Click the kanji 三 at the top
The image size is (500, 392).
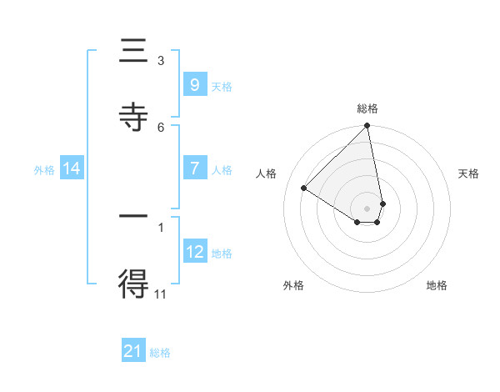133,53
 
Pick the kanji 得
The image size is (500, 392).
133,284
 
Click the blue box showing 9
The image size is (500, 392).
194,84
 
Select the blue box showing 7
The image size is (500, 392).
194,168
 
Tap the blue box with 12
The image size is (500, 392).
194,252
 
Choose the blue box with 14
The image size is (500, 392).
72,168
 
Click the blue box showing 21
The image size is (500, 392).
133,351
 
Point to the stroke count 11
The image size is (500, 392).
161,293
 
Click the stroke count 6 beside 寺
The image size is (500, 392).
161,127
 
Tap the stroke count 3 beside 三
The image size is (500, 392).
161,60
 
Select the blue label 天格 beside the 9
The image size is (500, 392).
221,86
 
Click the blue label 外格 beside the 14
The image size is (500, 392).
44,170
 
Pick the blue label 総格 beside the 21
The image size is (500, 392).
160,353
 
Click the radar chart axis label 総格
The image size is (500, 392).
367,108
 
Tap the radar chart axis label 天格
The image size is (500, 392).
468,173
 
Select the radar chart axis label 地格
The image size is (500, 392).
437,285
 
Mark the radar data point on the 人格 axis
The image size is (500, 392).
304,188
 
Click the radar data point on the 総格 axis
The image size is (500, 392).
367,126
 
